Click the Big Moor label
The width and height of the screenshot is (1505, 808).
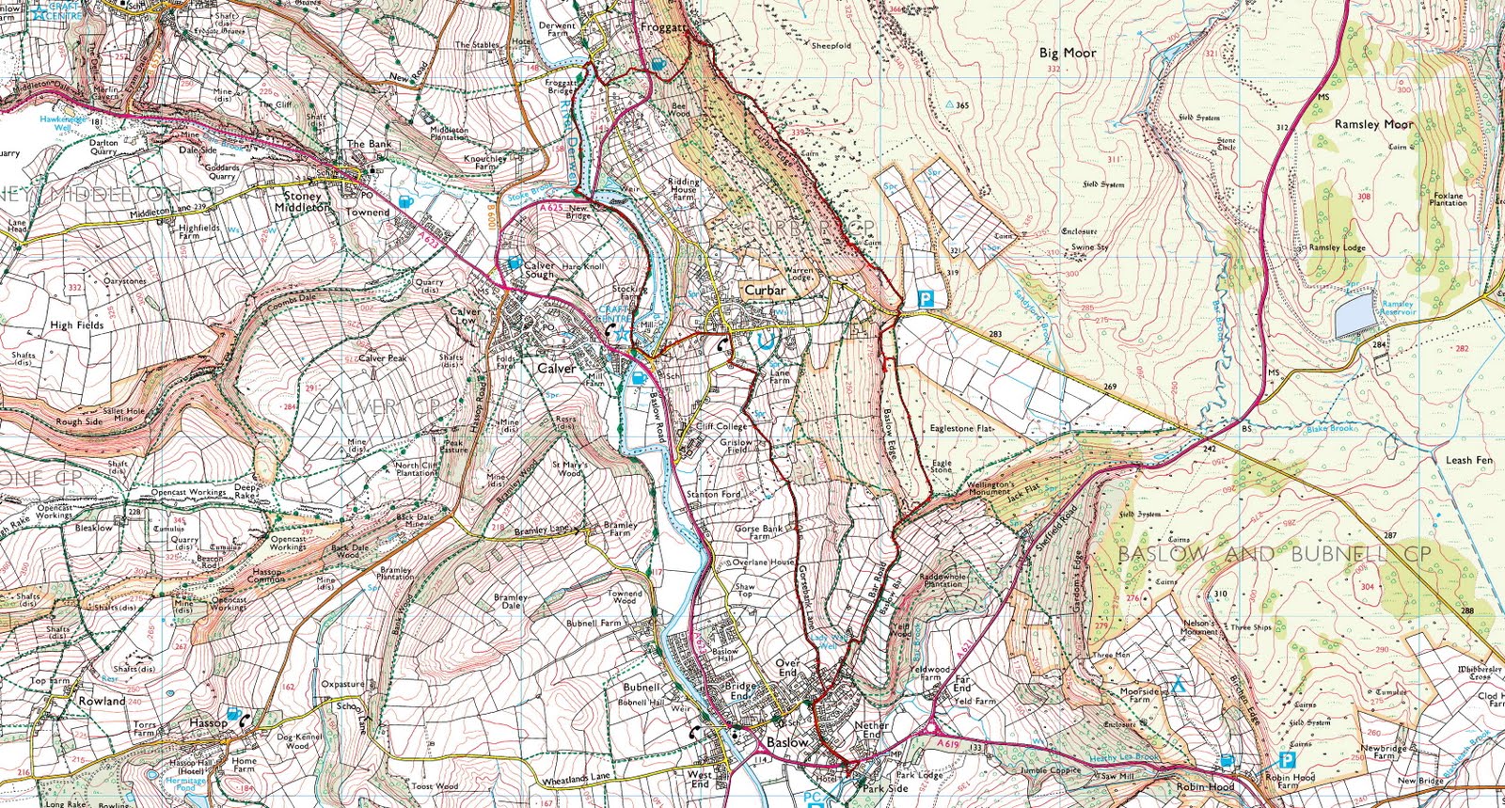[1068, 54]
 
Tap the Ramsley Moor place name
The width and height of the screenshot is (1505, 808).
[1373, 124]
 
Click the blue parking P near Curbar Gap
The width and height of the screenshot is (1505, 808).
[926, 299]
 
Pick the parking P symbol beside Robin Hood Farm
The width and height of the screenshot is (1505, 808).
[1286, 759]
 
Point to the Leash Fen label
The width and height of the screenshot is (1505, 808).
[1468, 460]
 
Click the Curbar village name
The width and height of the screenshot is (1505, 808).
[765, 290]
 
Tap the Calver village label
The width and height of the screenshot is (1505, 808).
[556, 369]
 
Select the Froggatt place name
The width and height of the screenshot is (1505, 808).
[663, 28]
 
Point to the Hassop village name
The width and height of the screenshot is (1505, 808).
[208, 722]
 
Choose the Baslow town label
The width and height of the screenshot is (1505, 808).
[787, 742]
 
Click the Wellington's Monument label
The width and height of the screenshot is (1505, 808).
[990, 488]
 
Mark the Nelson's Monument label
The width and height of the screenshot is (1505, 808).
[1199, 626]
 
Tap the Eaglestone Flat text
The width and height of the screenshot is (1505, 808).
[961, 428]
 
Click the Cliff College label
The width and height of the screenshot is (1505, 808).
[721, 426]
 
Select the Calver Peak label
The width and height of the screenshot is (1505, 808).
[382, 358]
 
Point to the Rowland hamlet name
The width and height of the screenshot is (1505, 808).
[102, 702]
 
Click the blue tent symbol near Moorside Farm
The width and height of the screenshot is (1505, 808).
[1177, 685]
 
